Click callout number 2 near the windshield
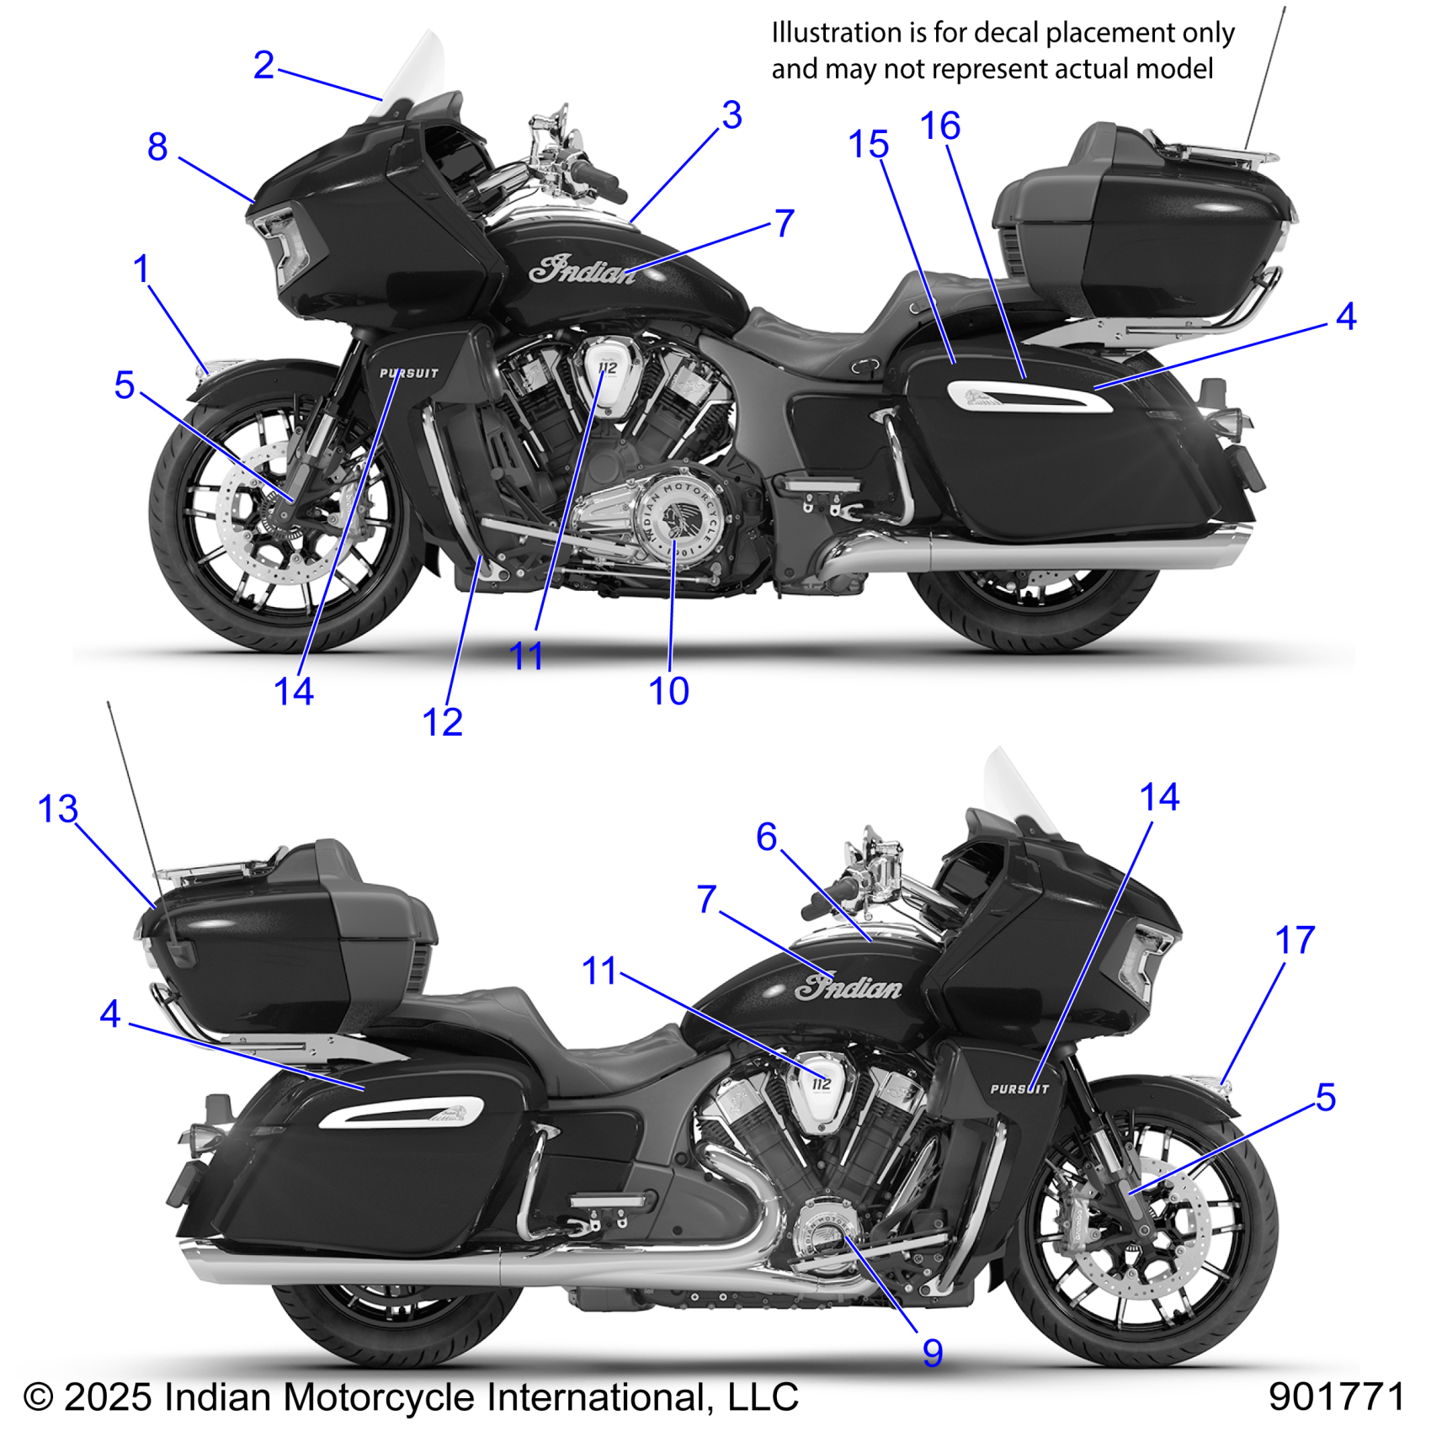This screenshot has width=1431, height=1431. click(263, 66)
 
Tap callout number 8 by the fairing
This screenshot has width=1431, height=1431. click(157, 147)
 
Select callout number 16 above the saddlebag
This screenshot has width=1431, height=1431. click(940, 127)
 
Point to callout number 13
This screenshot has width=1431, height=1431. click(58, 810)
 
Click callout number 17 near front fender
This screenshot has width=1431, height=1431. click(1295, 941)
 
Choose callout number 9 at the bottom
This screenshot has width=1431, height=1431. click(932, 1353)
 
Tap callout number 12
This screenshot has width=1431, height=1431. click(442, 722)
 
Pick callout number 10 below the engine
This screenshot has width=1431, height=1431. click(668, 691)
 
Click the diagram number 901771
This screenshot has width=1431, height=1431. click(1336, 1396)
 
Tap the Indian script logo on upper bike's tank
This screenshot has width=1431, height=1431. click(583, 270)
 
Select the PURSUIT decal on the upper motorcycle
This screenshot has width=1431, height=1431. click(409, 373)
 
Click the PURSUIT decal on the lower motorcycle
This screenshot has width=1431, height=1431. click(1019, 1088)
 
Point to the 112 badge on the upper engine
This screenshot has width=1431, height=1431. click(607, 368)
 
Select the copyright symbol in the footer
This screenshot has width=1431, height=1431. click(39, 1397)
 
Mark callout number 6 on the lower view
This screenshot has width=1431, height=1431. click(766, 838)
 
